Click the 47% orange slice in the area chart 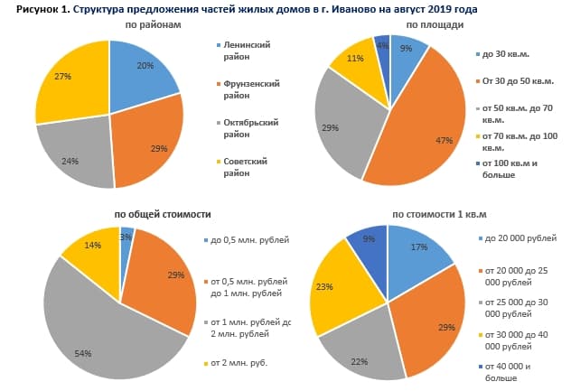point(434,135)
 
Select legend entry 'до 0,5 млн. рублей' point(248,239)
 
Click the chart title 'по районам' point(154,24)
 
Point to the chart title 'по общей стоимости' point(163,215)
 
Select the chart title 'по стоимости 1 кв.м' point(439,215)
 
